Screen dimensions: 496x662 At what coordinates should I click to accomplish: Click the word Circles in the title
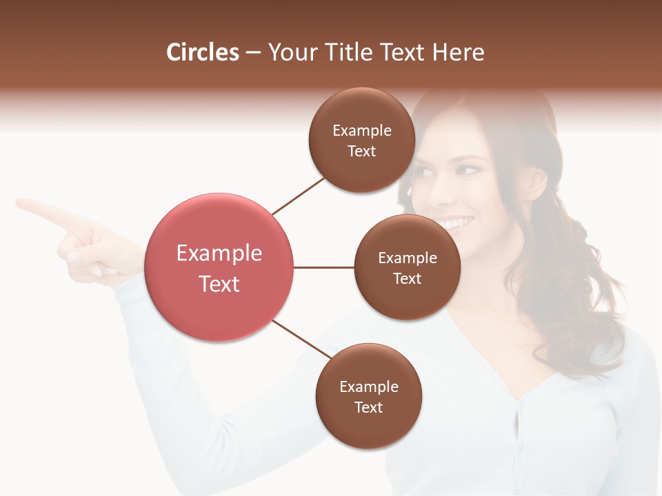click(x=203, y=52)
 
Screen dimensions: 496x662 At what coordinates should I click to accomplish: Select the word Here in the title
click(x=459, y=52)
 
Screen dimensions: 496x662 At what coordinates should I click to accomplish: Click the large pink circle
click(x=219, y=267)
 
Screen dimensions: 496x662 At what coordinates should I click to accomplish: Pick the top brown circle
click(x=361, y=141)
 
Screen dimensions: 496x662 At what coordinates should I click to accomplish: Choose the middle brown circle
click(x=407, y=267)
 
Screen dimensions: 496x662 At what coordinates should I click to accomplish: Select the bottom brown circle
click(x=368, y=397)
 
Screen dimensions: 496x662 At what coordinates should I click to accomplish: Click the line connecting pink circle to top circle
click(x=297, y=196)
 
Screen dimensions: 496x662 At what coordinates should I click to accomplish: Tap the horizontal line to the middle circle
click(x=324, y=267)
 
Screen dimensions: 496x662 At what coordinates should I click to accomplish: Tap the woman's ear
click(x=535, y=180)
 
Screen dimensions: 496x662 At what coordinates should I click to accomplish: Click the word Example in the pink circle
click(x=219, y=254)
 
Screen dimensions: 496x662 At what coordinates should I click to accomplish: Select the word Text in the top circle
click(x=361, y=152)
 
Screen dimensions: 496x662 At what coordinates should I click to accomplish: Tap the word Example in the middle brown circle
click(x=407, y=258)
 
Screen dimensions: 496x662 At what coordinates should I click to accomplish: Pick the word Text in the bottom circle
click(x=368, y=408)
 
